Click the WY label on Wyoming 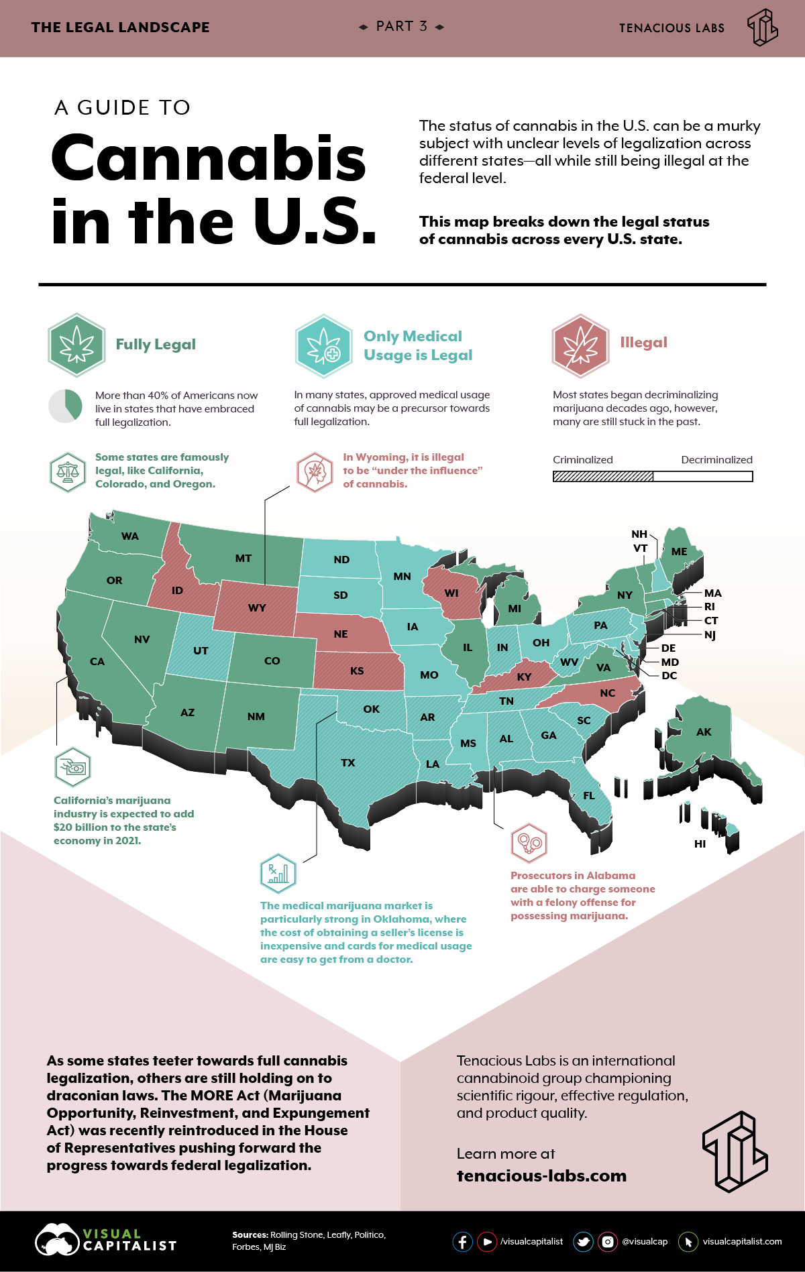tap(257, 608)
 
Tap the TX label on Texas tap(347, 763)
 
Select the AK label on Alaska tap(703, 732)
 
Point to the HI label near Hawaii tap(700, 844)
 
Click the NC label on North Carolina tap(607, 693)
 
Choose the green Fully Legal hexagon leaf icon tap(76, 345)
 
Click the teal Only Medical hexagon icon tap(324, 346)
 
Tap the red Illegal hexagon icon tap(580, 345)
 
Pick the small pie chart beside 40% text tap(65, 406)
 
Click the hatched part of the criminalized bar tap(602, 476)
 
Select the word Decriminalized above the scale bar tap(716, 460)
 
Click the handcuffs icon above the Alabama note tap(529, 843)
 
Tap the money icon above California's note tap(72, 766)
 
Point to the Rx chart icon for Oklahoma tap(278, 874)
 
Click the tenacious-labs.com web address tap(541, 1176)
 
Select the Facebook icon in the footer tap(462, 1242)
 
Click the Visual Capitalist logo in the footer tap(106, 1240)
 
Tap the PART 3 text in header tap(401, 27)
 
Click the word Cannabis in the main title tap(208, 159)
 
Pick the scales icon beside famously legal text tap(68, 471)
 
